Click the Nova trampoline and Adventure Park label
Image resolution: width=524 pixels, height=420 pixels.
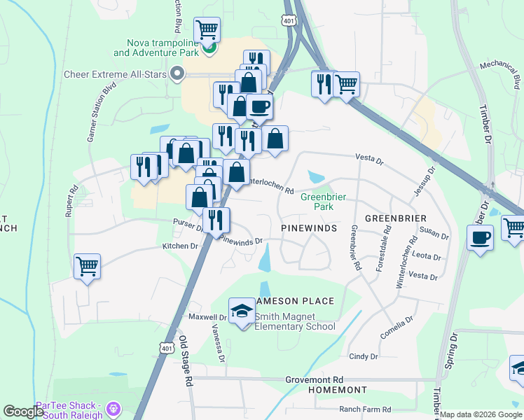tap(160, 48)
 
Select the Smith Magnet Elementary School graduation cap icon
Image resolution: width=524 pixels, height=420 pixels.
tap(242, 311)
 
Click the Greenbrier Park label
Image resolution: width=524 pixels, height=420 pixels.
tap(324, 202)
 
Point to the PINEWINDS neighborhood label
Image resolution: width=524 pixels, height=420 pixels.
tap(309, 228)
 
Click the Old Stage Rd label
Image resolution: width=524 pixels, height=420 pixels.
tap(185, 361)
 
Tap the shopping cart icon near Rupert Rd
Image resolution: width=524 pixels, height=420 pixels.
tap(87, 266)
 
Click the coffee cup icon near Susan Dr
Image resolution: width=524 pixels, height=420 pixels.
tap(481, 237)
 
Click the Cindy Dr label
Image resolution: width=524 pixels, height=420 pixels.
tap(363, 356)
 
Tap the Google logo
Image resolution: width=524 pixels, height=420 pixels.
tap(24, 412)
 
